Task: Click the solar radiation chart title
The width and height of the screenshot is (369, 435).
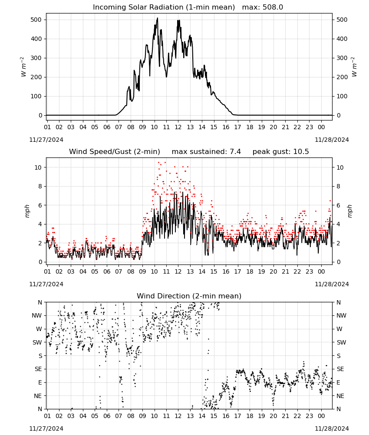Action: [x=188, y=7]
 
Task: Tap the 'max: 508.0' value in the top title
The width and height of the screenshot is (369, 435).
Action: [x=263, y=7]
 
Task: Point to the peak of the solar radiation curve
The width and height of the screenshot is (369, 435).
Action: [x=158, y=18]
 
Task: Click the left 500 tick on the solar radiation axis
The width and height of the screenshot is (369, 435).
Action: [x=36, y=20]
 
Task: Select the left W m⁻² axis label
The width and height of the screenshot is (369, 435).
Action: [x=23, y=67]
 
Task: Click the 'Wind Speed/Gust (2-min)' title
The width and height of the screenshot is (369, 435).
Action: [x=114, y=151]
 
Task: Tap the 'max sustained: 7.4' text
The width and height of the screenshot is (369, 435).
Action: [x=206, y=151]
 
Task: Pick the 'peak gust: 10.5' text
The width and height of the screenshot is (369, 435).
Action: [x=280, y=151]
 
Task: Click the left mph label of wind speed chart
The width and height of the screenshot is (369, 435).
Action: [x=27, y=211]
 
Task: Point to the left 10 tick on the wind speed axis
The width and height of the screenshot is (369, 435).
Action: [x=38, y=167]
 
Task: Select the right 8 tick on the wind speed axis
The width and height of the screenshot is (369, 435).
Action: [x=338, y=186]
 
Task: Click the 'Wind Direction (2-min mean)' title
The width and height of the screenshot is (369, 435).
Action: [x=189, y=296]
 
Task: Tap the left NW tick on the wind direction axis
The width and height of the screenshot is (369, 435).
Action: [x=37, y=315]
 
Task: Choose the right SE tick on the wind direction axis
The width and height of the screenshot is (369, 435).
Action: [x=340, y=369]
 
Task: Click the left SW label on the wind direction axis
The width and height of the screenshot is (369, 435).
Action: [x=37, y=342]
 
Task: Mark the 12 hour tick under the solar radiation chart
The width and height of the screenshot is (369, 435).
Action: [x=178, y=127]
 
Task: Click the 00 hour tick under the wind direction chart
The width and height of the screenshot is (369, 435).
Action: [x=321, y=416]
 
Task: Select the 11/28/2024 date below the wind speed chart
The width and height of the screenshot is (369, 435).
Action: [x=332, y=284]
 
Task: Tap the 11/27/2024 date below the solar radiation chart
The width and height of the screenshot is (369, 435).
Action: [x=46, y=140]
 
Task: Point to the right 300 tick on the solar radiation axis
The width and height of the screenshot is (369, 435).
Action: [x=342, y=58]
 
